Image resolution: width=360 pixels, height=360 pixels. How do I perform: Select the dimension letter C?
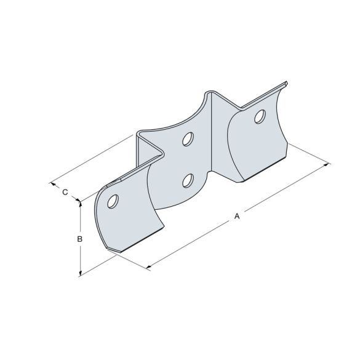pyautogui.click(x=65, y=192)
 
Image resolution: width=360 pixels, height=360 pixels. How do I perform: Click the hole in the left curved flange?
pyautogui.click(x=113, y=201)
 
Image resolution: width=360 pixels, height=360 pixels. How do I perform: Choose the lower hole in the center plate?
pyautogui.click(x=188, y=180)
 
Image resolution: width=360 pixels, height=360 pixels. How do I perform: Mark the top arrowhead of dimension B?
pyautogui.click(x=80, y=204)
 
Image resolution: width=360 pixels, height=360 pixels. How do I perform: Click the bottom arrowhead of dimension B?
pyautogui.click(x=80, y=274)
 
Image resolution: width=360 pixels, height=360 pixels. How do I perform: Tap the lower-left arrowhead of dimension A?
pyautogui.click(x=148, y=267)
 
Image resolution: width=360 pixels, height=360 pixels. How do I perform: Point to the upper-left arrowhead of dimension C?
pyautogui.click(x=52, y=183)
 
